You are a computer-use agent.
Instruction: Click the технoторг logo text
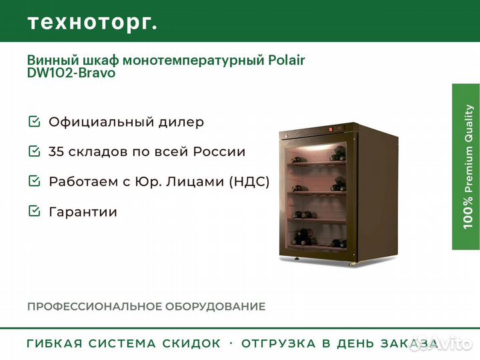(x=93, y=23)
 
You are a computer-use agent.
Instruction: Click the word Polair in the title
(x=287, y=60)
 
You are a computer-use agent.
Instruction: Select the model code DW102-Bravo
(x=71, y=73)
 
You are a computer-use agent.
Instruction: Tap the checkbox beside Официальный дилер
(x=34, y=121)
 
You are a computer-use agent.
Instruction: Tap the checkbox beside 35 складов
(x=34, y=151)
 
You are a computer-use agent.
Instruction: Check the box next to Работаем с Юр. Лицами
(x=34, y=181)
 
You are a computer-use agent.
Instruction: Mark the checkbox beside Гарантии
(x=34, y=211)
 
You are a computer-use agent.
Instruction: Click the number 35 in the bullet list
(x=56, y=151)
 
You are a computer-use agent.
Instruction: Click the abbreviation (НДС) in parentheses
(x=249, y=181)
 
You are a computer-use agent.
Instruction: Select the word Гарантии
(x=83, y=212)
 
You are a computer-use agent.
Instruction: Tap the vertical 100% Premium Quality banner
(x=466, y=167)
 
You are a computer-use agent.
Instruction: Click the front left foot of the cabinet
(x=297, y=259)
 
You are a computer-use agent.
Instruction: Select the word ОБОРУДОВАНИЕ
(x=215, y=307)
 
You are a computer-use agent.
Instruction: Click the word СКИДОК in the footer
(x=191, y=343)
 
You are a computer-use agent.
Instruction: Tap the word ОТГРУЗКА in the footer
(x=278, y=343)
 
